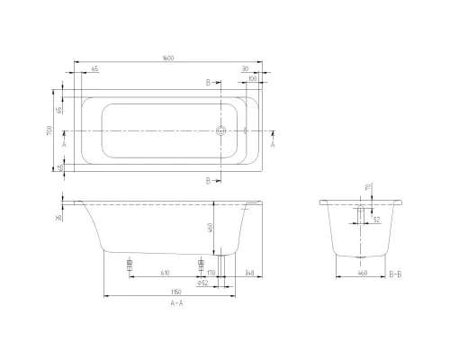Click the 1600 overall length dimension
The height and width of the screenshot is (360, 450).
point(168,58)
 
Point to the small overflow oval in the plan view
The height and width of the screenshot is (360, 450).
point(244,130)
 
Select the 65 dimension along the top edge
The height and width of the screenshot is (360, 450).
point(94,69)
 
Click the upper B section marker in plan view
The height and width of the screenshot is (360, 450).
point(211,82)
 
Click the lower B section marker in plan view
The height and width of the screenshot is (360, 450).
point(211,181)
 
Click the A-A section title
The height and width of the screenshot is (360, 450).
point(178,304)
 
